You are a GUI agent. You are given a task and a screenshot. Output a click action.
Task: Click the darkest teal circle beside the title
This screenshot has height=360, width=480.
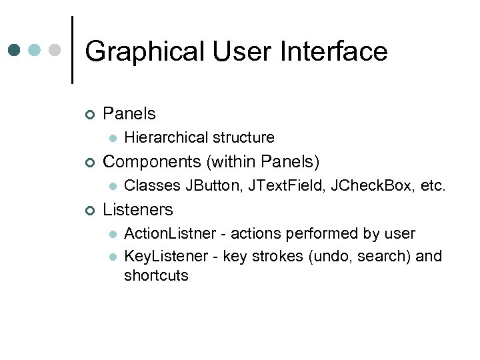pyautogui.click(x=15, y=50)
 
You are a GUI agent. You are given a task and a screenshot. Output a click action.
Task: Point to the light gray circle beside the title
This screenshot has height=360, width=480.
pyautogui.click(x=56, y=50)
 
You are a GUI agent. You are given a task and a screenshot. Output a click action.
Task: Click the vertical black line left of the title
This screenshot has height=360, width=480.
pyautogui.click(x=71, y=49)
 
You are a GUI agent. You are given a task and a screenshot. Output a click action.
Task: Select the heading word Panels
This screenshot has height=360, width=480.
pyautogui.click(x=129, y=113)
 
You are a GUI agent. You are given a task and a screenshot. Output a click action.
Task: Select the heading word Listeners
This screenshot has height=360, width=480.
pyautogui.click(x=138, y=209)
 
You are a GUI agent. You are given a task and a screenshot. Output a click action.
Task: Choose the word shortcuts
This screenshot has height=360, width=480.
pyautogui.click(x=156, y=275)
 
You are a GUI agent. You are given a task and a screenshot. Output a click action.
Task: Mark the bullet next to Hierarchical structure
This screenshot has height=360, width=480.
pyautogui.click(x=113, y=138)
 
